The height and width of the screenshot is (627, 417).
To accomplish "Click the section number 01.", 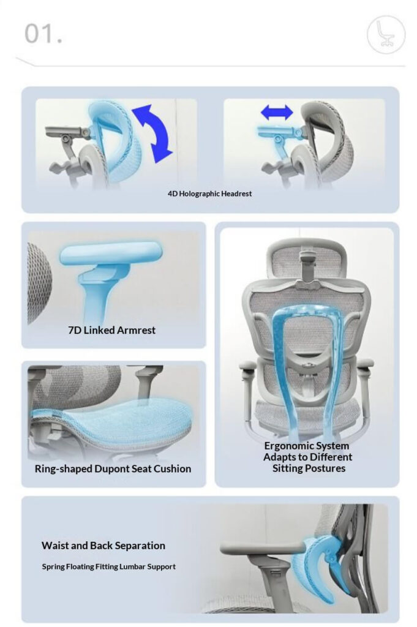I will [43, 34].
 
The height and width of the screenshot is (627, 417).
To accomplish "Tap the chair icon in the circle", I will [386, 34].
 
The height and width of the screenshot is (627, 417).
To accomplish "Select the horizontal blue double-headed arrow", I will [277, 112].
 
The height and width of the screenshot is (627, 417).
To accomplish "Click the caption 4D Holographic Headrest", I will [209, 193].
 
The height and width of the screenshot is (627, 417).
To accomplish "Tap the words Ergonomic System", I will [306, 446].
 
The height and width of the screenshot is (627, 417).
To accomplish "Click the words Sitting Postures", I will [309, 468].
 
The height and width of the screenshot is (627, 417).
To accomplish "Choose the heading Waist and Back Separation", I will [103, 545].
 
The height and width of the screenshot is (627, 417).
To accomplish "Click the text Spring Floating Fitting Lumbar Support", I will [108, 567].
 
